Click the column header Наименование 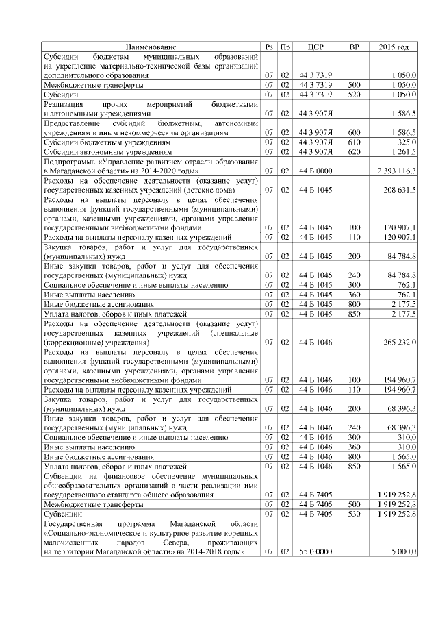[150, 47]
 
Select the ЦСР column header [315, 47]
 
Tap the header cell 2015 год [394, 47]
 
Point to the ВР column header [354, 47]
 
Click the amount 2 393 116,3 [396, 170]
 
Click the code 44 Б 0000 [315, 170]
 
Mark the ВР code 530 [354, 513]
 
